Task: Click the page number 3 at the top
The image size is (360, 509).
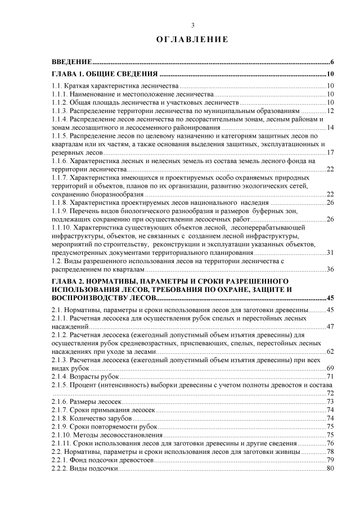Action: click(193, 25)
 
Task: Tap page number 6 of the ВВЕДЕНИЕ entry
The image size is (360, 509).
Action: click(333, 61)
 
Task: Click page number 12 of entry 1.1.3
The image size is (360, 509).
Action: click(331, 111)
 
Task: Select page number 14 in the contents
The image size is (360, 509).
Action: click(331, 128)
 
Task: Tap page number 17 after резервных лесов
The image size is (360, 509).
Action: click(331, 152)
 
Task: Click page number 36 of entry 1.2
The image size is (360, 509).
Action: click(331, 269)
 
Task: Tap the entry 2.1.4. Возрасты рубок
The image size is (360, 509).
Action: click(85, 376)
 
